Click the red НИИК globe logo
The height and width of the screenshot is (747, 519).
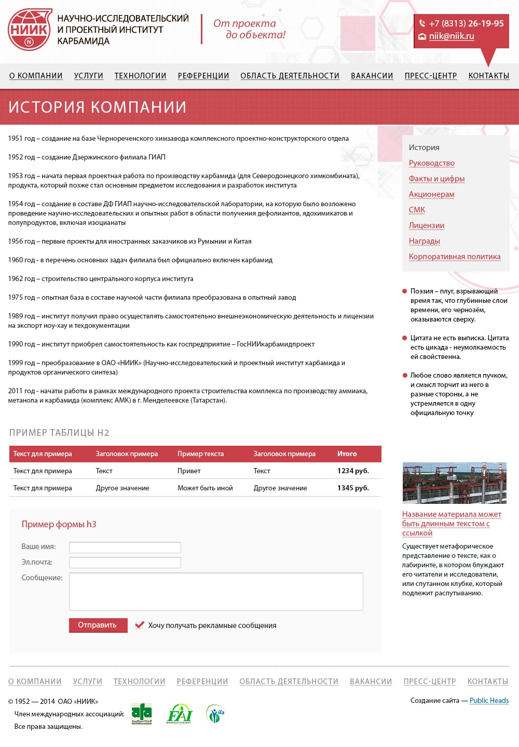click(x=30, y=30)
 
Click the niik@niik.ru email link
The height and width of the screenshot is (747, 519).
click(x=451, y=36)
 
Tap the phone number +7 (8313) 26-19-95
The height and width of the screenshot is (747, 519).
click(x=466, y=23)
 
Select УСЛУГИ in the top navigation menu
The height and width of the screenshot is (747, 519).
click(x=88, y=76)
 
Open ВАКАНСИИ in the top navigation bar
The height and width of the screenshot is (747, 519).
click(x=372, y=76)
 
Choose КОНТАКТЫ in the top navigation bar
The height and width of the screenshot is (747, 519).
click(x=488, y=76)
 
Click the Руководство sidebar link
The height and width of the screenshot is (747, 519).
click(x=431, y=163)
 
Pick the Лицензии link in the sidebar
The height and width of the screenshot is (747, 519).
click(x=426, y=225)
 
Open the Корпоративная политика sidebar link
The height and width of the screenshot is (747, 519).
click(x=454, y=257)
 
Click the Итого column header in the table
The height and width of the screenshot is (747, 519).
click(x=347, y=454)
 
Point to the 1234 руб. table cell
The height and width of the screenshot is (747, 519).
click(x=353, y=471)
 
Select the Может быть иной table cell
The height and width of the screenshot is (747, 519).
click(x=205, y=488)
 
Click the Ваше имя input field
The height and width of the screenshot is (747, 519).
click(x=125, y=548)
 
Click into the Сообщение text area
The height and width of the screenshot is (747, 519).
click(x=215, y=592)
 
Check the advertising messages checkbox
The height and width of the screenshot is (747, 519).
click(x=139, y=625)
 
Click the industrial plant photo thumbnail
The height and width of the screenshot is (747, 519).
click(x=454, y=483)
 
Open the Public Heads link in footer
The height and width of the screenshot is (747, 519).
click(x=489, y=701)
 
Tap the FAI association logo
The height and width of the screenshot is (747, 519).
click(x=179, y=714)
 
